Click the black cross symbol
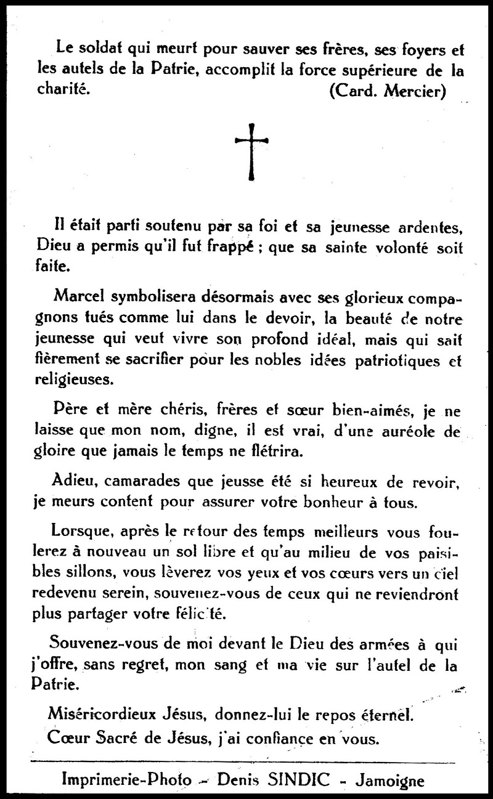click(x=251, y=152)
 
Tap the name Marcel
click(x=79, y=296)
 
